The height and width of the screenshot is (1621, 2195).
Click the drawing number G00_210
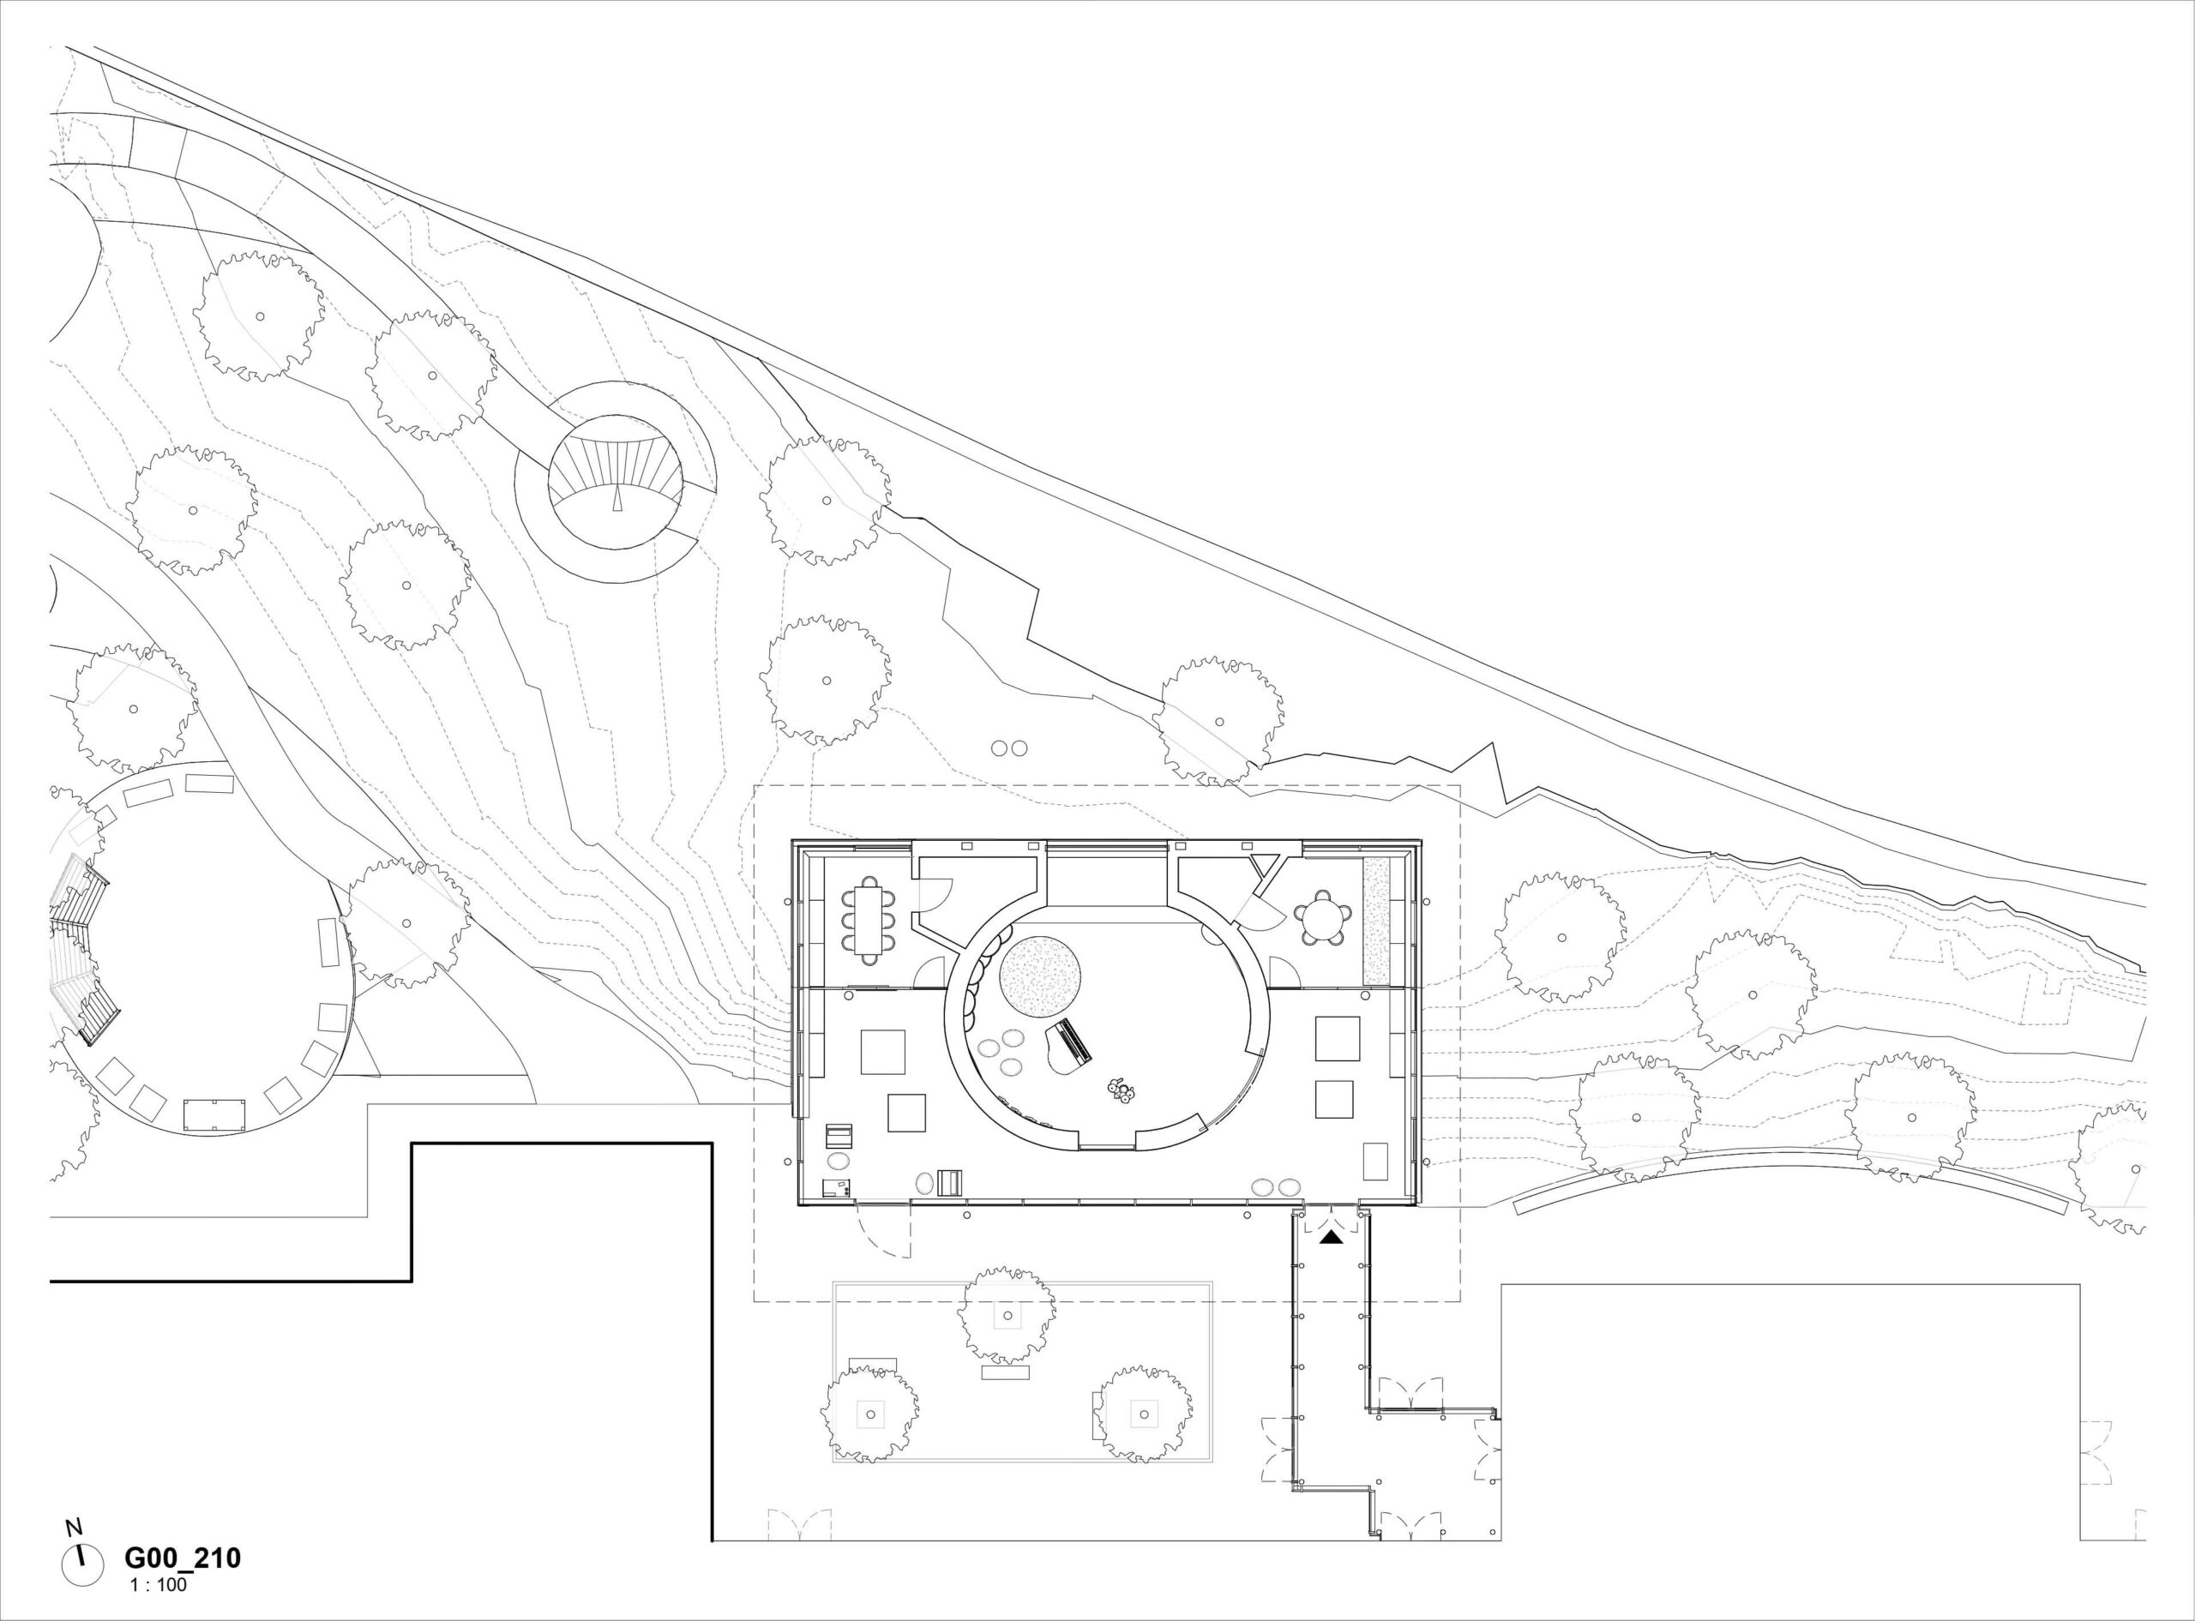click(x=183, y=1558)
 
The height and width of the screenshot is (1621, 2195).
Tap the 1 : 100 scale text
click(x=158, y=1584)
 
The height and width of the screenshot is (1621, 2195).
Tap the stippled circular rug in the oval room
click(x=1040, y=977)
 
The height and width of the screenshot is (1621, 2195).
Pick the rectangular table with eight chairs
click(x=869, y=918)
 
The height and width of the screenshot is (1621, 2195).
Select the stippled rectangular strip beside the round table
click(x=1377, y=922)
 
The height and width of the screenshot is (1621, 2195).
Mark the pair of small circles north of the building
click(x=1010, y=747)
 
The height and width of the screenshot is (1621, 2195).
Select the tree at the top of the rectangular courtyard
click(x=1007, y=1315)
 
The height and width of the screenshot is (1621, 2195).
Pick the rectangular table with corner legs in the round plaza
click(x=213, y=1114)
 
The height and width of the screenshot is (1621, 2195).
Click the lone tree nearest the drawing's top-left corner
click(x=259, y=316)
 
